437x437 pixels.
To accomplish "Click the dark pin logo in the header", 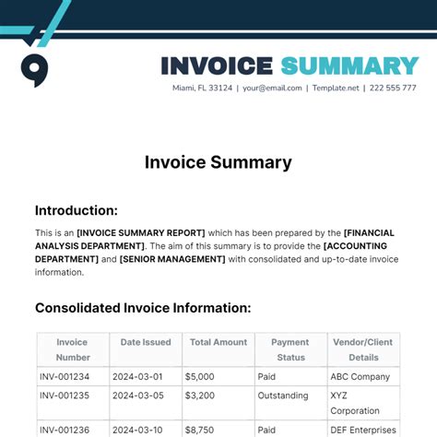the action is (34, 70).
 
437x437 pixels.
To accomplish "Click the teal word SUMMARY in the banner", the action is (349, 65).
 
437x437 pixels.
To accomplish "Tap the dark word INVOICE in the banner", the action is (217, 65).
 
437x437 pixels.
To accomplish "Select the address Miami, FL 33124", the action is (202, 89).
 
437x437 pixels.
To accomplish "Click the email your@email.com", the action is (272, 89).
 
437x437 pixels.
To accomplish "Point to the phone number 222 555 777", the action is (393, 89).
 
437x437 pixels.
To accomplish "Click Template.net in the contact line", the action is (337, 89).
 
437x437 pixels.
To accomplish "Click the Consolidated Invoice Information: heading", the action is (143, 308).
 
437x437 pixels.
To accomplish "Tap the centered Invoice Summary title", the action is (218, 162).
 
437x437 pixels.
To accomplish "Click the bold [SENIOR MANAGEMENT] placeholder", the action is (172, 259).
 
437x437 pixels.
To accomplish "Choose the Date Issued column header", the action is (145, 342).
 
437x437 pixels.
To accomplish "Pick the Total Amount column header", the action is (218, 342).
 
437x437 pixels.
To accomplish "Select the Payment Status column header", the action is (290, 348).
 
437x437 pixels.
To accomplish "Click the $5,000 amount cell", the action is (200, 376).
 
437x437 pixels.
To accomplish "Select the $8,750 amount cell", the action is (200, 430).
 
